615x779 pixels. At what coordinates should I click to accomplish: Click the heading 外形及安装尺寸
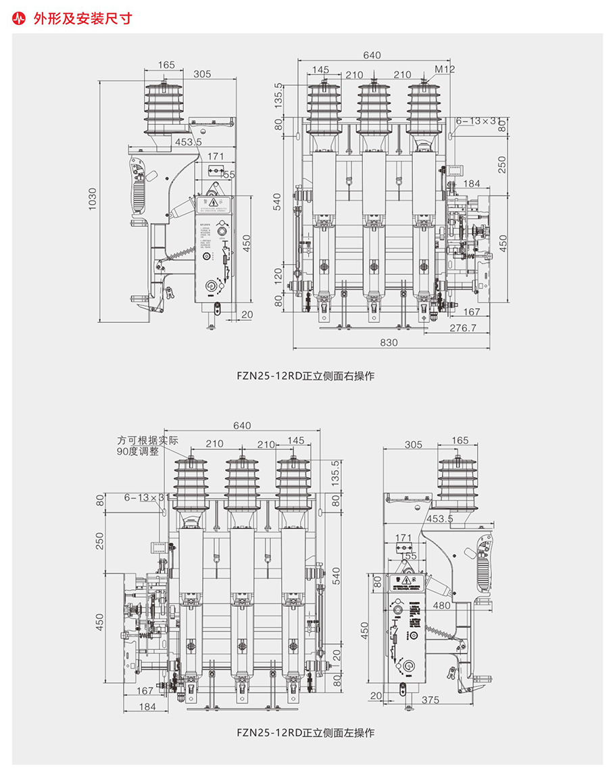pos(82,19)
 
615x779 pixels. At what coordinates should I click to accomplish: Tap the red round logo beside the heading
pos(19,19)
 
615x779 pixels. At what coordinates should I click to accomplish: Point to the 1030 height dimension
pos(93,200)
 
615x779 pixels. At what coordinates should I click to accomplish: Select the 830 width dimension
pos(389,343)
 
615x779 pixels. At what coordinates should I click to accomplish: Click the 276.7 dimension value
pos(463,328)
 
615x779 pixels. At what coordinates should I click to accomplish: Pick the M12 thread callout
pos(445,69)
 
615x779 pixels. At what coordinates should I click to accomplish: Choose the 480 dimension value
pos(443,605)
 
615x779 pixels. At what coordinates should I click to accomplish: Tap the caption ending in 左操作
pos(305,732)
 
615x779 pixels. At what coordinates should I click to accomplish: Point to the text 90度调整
pos(137,451)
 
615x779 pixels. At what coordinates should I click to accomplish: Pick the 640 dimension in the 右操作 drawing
pos(372,55)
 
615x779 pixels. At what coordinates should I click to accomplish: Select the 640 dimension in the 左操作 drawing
pos(241,426)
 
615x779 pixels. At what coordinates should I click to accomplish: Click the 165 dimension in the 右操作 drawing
pos(166,66)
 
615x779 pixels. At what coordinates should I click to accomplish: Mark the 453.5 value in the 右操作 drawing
pos(189,142)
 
